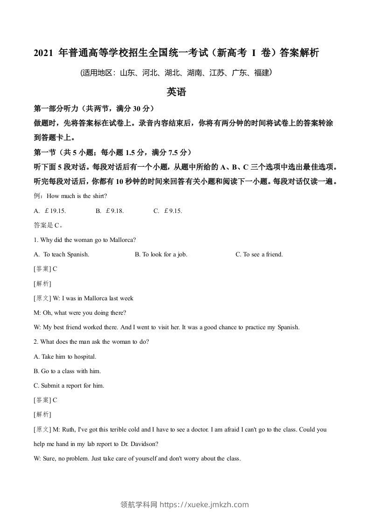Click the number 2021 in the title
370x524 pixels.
[x=43, y=53]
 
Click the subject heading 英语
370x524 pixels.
[x=176, y=92]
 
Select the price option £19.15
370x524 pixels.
[x=53, y=211]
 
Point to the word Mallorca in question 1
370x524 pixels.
[x=122, y=240]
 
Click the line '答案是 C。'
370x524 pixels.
[x=48, y=225]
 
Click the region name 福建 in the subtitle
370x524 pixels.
[x=261, y=73]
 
